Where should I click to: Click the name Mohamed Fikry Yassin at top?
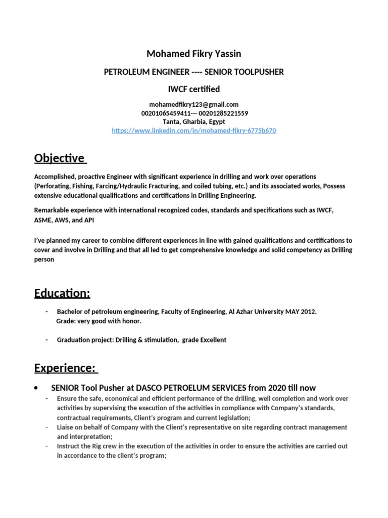193,54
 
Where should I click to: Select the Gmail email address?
194,104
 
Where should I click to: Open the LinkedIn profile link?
194,131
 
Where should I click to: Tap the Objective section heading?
60,158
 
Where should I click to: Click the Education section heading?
62,293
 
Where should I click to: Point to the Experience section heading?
66,368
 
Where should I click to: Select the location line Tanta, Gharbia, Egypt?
194,122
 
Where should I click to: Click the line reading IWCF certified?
194,90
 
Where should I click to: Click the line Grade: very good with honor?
99,321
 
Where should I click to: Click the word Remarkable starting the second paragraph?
51,210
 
